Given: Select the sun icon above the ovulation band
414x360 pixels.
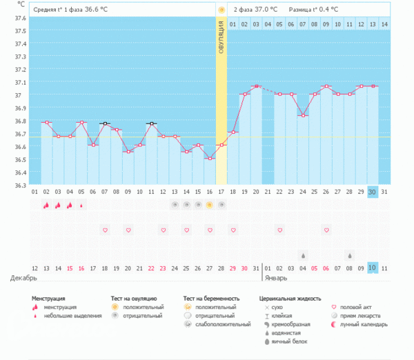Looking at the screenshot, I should [221, 10].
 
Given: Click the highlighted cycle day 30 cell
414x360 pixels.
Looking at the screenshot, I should [373, 191].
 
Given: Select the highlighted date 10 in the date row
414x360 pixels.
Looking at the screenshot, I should [373, 268].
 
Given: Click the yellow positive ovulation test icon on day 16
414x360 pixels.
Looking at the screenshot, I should [209, 205].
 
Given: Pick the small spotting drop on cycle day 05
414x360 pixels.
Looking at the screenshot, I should [81, 205].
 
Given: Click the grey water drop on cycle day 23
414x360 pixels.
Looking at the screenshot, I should [303, 255].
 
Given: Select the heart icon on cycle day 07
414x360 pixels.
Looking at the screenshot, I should [105, 230].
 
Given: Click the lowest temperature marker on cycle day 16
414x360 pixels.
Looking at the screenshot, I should [209, 159].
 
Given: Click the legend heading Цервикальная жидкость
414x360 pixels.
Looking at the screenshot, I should [289, 299].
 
